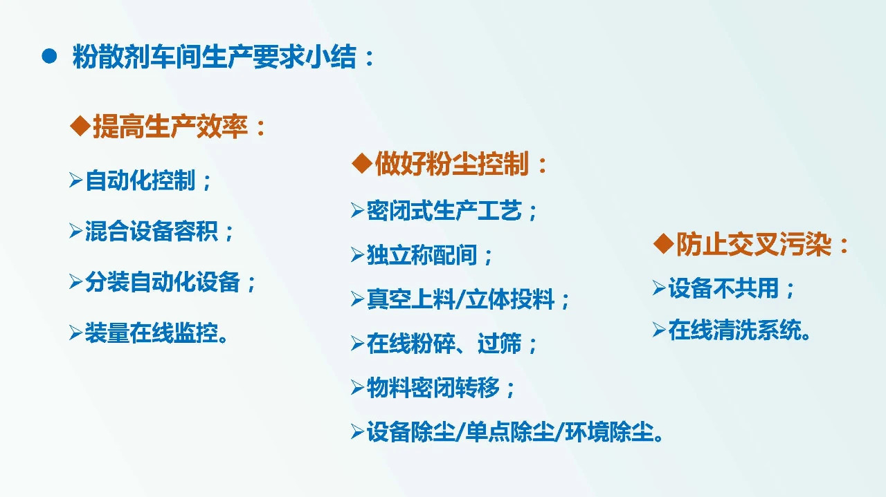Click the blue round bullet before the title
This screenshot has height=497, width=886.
(48, 57)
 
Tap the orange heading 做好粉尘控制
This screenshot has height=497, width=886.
(461, 165)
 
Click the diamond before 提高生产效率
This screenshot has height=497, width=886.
(81, 126)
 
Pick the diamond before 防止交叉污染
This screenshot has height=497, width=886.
(664, 244)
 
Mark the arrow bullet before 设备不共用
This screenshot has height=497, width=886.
(658, 288)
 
